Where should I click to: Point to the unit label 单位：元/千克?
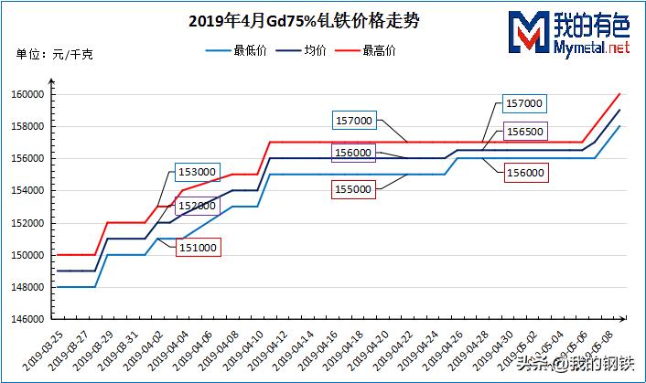click(x=55, y=55)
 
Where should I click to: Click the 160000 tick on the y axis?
click(x=29, y=94)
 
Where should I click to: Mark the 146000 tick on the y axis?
click(x=29, y=319)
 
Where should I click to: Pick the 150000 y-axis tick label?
click(x=29, y=255)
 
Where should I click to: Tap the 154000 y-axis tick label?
click(x=29, y=190)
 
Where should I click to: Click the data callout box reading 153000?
click(x=197, y=172)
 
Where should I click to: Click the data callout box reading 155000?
click(x=353, y=188)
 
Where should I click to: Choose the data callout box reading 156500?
click(x=525, y=132)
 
